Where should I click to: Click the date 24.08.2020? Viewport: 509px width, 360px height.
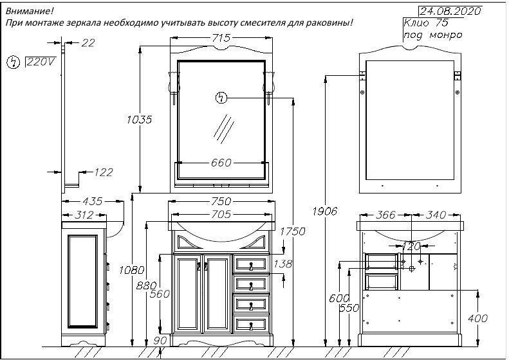pos(449,11)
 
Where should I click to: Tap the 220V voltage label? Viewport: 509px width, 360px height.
pos(41,62)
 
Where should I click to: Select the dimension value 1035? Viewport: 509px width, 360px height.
pos(139,119)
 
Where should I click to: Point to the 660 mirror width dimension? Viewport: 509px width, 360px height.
pos(221,163)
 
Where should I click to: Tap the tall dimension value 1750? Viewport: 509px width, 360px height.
pos(292,232)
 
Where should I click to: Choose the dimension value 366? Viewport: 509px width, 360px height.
pos(385,215)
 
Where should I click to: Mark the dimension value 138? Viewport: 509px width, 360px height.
pos(282,264)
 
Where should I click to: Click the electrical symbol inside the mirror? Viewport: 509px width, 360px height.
pos(221,98)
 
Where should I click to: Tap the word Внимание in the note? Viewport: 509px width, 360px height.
pos(30,11)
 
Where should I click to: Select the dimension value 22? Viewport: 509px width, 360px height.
pos(88,42)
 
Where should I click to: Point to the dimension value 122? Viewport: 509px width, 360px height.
pos(103,172)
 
